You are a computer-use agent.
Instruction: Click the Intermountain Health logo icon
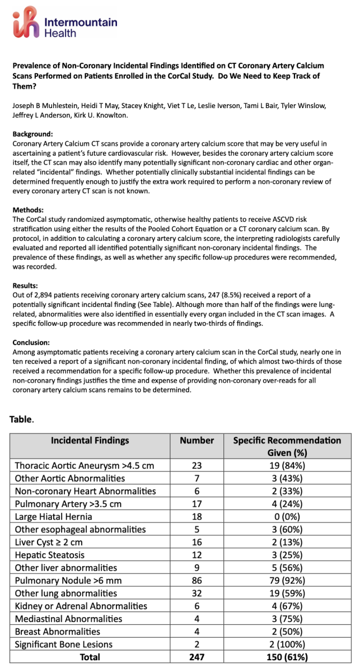(27, 23)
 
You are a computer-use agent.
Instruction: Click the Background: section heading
(34, 134)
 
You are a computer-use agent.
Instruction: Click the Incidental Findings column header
(90, 440)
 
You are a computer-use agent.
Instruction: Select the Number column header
(197, 440)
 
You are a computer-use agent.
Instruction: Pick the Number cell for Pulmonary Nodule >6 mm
(197, 580)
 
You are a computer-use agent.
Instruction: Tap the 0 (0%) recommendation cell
(287, 516)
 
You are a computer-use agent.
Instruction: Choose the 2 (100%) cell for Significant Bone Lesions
(287, 644)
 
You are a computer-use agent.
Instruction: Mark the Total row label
(90, 657)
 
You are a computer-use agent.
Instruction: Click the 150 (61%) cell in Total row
(287, 657)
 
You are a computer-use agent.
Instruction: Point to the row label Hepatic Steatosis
(50, 554)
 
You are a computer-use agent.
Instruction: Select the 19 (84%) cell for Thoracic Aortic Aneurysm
(287, 465)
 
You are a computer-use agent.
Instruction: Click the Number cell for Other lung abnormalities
(197, 593)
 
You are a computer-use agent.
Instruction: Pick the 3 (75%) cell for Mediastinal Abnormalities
(287, 618)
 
